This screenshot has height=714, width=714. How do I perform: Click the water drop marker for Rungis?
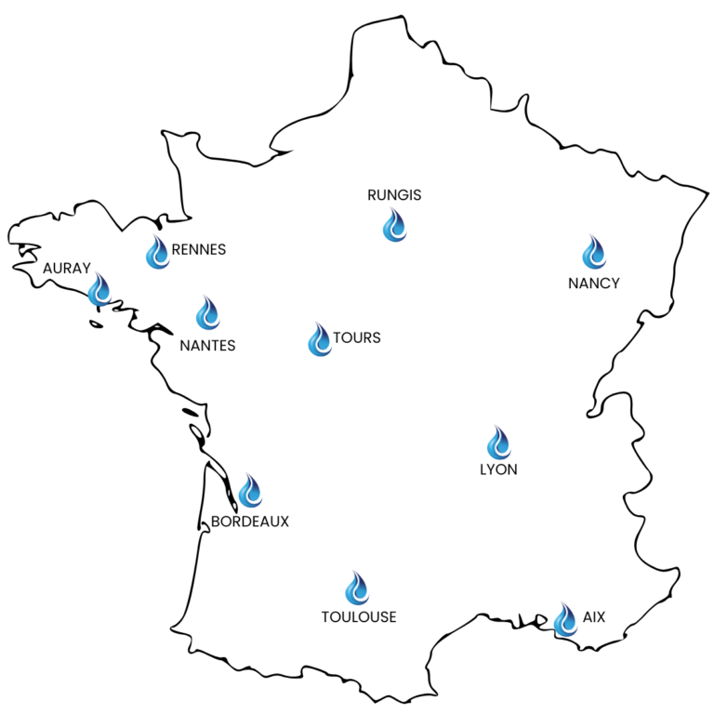tap(394, 226)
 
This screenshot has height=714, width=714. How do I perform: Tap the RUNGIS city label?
tap(394, 195)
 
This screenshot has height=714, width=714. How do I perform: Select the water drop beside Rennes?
tap(158, 253)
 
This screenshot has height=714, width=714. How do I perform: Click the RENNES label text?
tap(199, 249)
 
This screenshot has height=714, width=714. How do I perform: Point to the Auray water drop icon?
tap(99, 290)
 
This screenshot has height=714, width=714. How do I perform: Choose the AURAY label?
tap(67, 269)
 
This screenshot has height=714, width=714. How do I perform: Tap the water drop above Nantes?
tap(207, 313)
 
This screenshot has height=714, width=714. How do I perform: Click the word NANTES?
tap(207, 346)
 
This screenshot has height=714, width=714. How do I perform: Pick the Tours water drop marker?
tap(320, 340)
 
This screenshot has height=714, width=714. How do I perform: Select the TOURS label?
tap(357, 337)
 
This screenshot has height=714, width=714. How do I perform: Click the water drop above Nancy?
tap(593, 253)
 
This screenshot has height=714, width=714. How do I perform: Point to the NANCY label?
tap(594, 284)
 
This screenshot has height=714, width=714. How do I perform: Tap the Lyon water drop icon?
tap(498, 443)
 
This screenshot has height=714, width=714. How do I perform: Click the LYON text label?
tap(498, 469)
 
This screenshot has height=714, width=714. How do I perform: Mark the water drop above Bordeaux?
tap(250, 491)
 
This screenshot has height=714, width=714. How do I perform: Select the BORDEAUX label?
tap(250, 522)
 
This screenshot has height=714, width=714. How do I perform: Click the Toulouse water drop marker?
tap(357, 588)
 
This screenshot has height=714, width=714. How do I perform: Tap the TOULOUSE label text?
tap(359, 616)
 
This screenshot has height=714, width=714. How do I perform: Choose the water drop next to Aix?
tap(565, 619)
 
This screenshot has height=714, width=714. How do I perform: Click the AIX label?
tap(593, 616)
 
